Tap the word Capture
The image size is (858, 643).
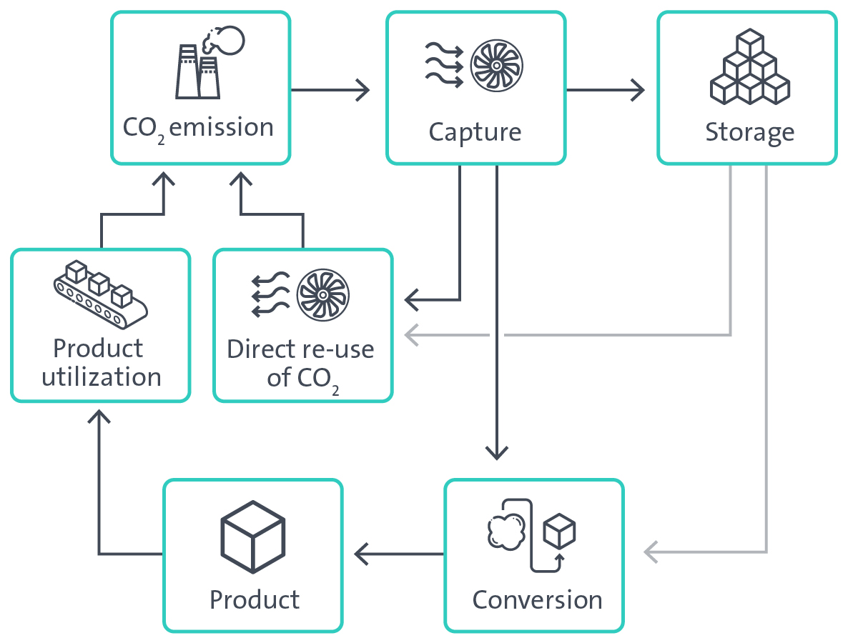pyautogui.click(x=475, y=132)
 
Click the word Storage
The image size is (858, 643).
pyautogui.click(x=749, y=132)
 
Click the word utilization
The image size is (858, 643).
pyautogui.click(x=101, y=377)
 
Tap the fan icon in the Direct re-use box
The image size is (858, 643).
pyautogui.click(x=322, y=294)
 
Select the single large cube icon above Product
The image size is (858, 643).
pyautogui.click(x=253, y=536)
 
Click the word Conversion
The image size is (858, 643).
pyautogui.click(x=537, y=599)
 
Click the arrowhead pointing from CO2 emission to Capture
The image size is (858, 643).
pyautogui.click(x=363, y=90)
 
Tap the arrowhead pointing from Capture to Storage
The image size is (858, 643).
pyautogui.click(x=637, y=90)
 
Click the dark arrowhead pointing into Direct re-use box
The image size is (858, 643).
pyautogui.click(x=413, y=299)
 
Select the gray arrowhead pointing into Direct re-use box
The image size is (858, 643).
pyautogui.click(x=411, y=334)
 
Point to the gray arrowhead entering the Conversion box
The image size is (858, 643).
pyautogui.click(x=651, y=552)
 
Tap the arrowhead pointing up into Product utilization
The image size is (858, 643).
pyautogui.click(x=99, y=417)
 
